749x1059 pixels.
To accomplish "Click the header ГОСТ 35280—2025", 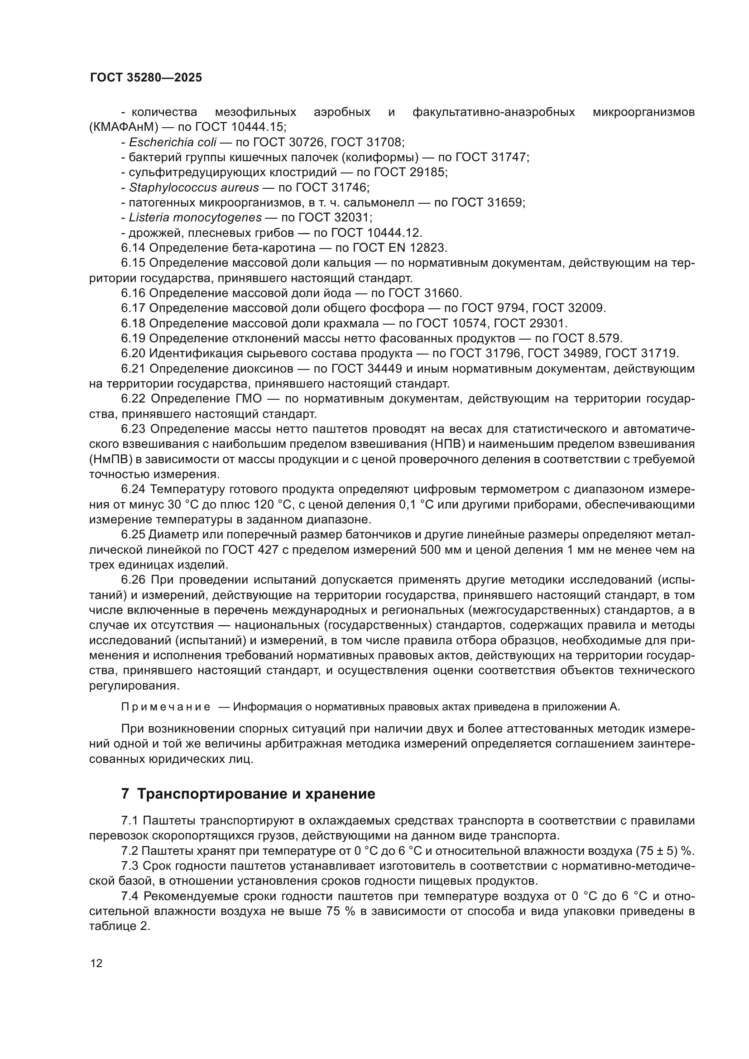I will coord(146,77).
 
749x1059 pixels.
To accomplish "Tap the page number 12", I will coord(96,963).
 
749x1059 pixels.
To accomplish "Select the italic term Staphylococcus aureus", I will coord(194,187).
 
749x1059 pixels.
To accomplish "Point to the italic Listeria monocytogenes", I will coord(195,217).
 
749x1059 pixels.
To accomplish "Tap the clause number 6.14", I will coord(133,248).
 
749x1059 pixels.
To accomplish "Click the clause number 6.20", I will coord(133,353).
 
